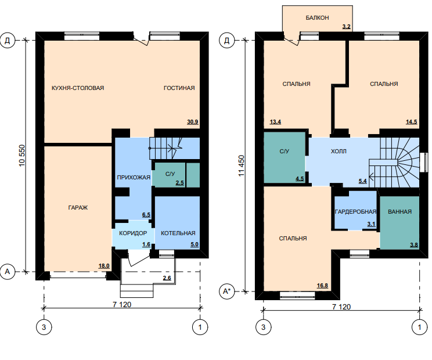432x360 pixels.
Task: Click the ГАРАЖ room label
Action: click(78, 208)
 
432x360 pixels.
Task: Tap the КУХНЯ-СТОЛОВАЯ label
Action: click(78, 88)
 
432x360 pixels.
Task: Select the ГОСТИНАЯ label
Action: click(179, 88)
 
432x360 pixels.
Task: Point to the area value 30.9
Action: click(193, 122)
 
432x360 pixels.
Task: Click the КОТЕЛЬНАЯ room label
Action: click(178, 233)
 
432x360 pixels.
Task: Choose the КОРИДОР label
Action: click(133, 233)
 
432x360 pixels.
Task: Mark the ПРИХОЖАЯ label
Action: click(134, 177)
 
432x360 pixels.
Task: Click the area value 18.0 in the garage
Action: click(104, 266)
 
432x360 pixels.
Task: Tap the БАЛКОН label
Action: click(317, 17)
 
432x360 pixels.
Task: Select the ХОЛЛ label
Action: click(339, 151)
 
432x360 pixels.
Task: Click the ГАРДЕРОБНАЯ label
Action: click(355, 211)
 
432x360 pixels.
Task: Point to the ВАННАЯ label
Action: click(399, 211)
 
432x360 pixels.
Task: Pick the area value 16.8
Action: click(322, 285)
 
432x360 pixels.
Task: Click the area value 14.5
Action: click(411, 122)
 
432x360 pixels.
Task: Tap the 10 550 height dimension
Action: click(21, 156)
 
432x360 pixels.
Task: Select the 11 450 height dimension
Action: click(242, 166)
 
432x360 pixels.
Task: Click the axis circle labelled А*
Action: click(226, 291)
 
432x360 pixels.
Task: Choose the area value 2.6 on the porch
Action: click(167, 278)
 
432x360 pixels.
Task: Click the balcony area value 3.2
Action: click(346, 27)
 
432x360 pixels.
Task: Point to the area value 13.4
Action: click(275, 122)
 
